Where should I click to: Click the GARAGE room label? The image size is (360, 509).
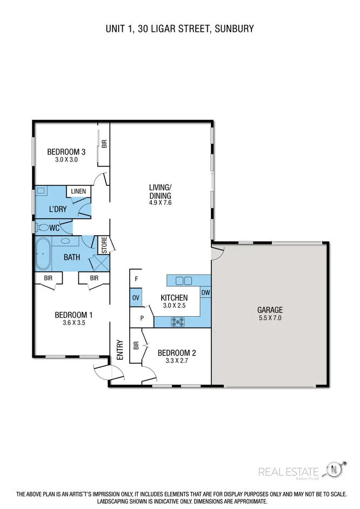coord(269,310)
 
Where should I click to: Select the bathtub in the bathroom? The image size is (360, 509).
coord(42,254)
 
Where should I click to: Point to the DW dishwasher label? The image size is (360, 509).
coord(205,293)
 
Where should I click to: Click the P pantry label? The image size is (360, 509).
coord(142,318)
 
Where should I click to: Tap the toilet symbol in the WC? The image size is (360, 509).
coord(43,228)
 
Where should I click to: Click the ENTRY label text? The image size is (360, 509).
coord(120,350)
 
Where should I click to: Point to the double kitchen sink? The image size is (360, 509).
coord(184,280)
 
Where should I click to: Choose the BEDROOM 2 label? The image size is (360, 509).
coord(176,353)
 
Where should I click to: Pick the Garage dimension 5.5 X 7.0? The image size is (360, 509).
coord(269,318)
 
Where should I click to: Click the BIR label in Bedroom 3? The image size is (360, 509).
coord(104,144)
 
